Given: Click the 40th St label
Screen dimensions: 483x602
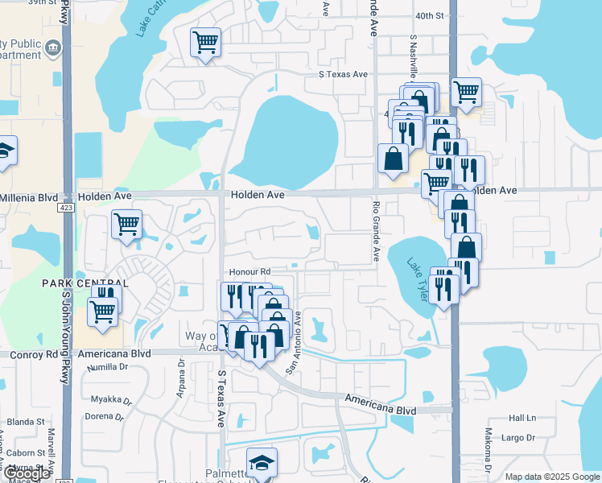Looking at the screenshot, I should pos(430,16).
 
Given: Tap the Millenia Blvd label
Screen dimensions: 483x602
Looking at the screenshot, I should pos(29,197).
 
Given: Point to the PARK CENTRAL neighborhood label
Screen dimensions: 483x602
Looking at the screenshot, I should pos(86,284).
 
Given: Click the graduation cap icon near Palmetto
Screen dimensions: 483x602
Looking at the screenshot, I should pos(262,462).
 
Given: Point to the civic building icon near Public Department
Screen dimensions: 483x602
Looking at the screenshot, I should pos(53,46).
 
